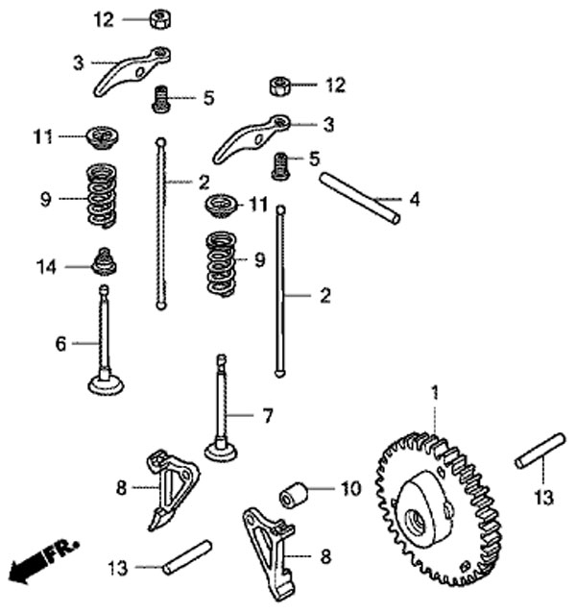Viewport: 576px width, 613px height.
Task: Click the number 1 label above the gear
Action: coord(434,393)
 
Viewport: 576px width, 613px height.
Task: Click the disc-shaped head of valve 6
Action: coord(106,384)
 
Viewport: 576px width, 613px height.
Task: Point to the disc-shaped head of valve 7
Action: coord(222,449)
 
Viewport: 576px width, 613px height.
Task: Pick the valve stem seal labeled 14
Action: coord(104,261)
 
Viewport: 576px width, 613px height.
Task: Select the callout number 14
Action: coord(47,266)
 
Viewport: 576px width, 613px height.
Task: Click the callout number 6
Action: coord(60,343)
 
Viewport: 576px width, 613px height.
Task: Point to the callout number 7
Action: coord(268,416)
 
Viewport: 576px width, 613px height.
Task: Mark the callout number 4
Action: coord(414,201)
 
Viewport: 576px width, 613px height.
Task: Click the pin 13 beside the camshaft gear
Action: coord(538,451)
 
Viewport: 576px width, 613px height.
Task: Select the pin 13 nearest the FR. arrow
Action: coord(187,556)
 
